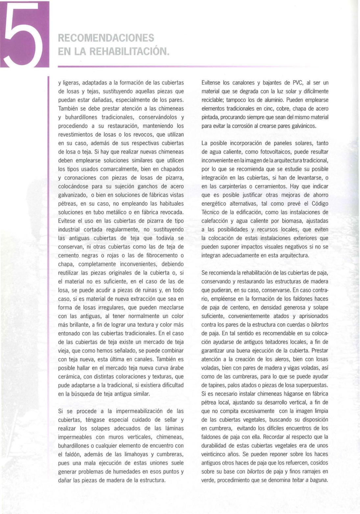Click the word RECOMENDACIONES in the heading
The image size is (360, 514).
tap(106, 38)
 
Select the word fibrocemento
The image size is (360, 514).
tap(162, 256)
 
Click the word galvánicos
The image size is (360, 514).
tap(302, 126)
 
